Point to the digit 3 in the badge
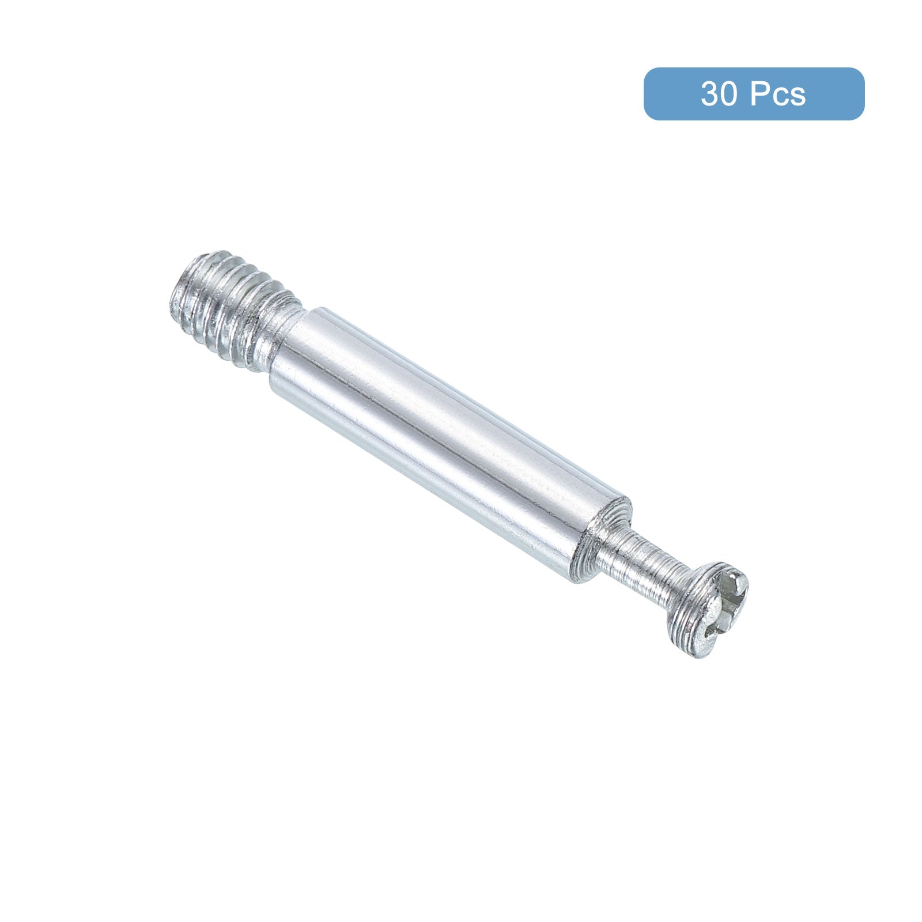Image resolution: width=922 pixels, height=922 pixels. pyautogui.click(x=710, y=94)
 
